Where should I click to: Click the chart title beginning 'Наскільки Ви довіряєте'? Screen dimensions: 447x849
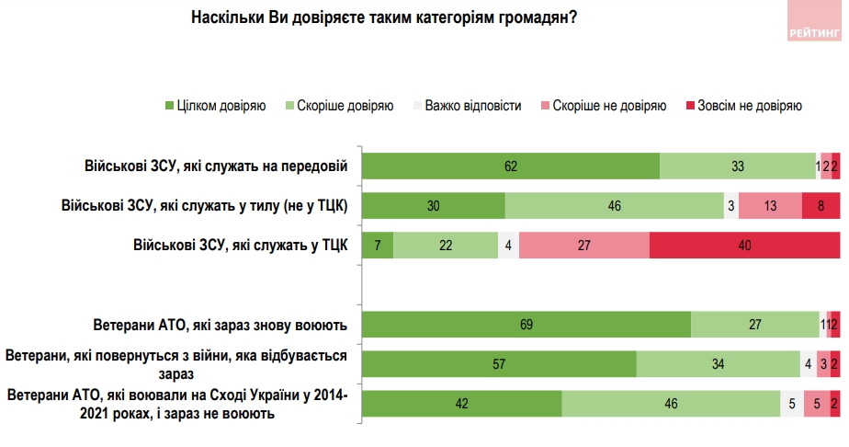[384, 17]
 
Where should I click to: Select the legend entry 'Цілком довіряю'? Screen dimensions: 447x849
[216, 106]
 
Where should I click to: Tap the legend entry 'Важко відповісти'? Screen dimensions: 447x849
[465, 106]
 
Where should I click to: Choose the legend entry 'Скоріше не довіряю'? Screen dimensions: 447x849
[603, 106]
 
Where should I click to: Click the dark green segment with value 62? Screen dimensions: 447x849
[511, 166]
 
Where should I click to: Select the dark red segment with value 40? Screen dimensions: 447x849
[744, 246]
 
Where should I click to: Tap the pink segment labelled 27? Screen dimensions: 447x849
[583, 246]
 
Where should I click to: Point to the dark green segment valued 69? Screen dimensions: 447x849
[526, 326]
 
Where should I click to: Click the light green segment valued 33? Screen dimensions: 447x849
[738, 166]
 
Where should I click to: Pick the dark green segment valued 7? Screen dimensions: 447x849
[378, 246]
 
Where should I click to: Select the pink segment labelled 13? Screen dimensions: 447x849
[770, 206]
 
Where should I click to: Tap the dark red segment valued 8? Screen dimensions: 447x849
[821, 206]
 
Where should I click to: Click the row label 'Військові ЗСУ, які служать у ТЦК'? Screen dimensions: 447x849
[240, 246]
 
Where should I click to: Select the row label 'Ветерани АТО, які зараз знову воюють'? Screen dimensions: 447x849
[221, 326]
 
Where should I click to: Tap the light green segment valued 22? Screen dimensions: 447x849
[446, 246]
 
